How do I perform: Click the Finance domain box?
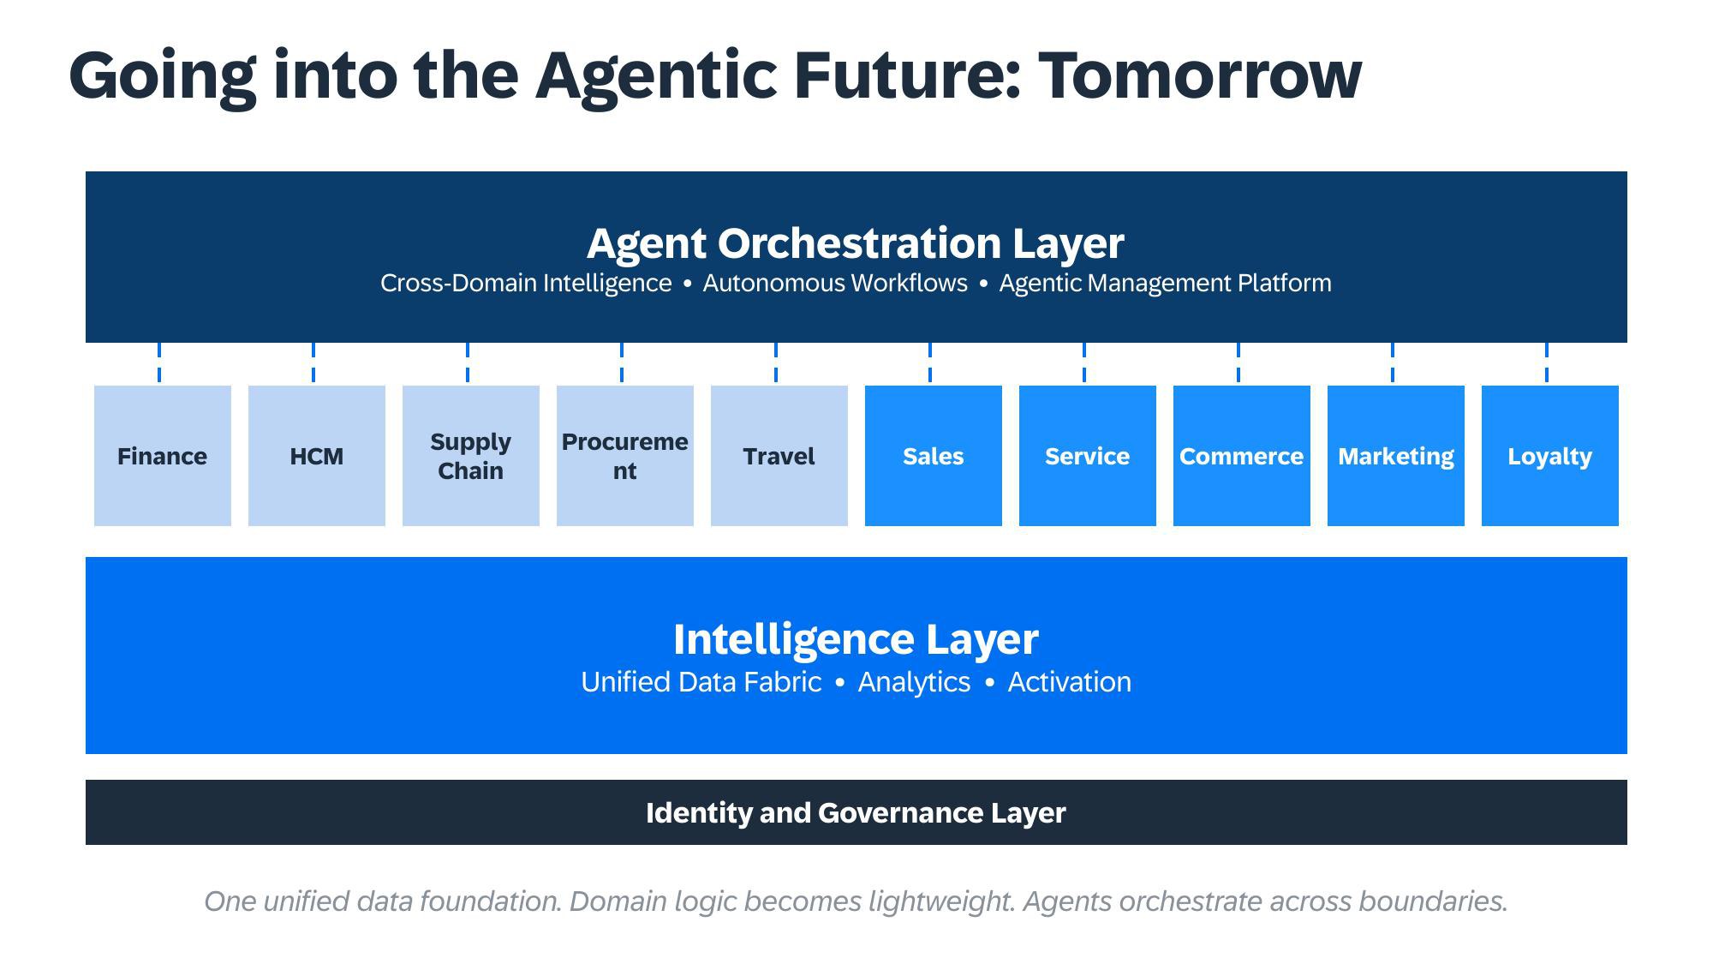pos(162,456)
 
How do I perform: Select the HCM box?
pos(316,456)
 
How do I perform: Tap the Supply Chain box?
pos(470,456)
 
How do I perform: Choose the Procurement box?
pos(624,456)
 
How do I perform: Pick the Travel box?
pos(779,456)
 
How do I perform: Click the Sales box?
pos(933,456)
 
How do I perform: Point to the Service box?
pos(1087,456)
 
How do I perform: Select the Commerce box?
pos(1241,456)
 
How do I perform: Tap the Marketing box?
pos(1395,456)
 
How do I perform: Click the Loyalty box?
pos(1549,456)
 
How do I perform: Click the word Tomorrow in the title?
pos(1199,75)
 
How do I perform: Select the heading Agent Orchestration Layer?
pos(855,243)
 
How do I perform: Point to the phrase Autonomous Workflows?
pos(835,284)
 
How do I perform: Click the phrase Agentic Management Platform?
pos(1165,284)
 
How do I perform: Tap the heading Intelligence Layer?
pos(855,639)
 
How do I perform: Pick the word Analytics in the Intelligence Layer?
pos(914,682)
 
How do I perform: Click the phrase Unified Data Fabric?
pos(701,682)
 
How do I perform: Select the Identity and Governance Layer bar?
pos(855,812)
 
